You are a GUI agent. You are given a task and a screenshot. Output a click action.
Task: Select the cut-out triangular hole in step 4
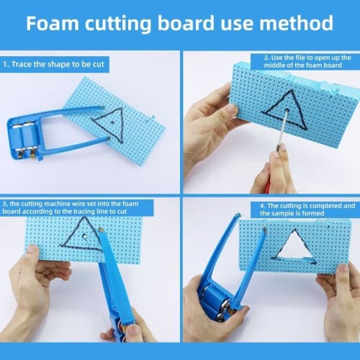(x=294, y=247)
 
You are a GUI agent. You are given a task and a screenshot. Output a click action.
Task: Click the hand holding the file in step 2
(x=277, y=169)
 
